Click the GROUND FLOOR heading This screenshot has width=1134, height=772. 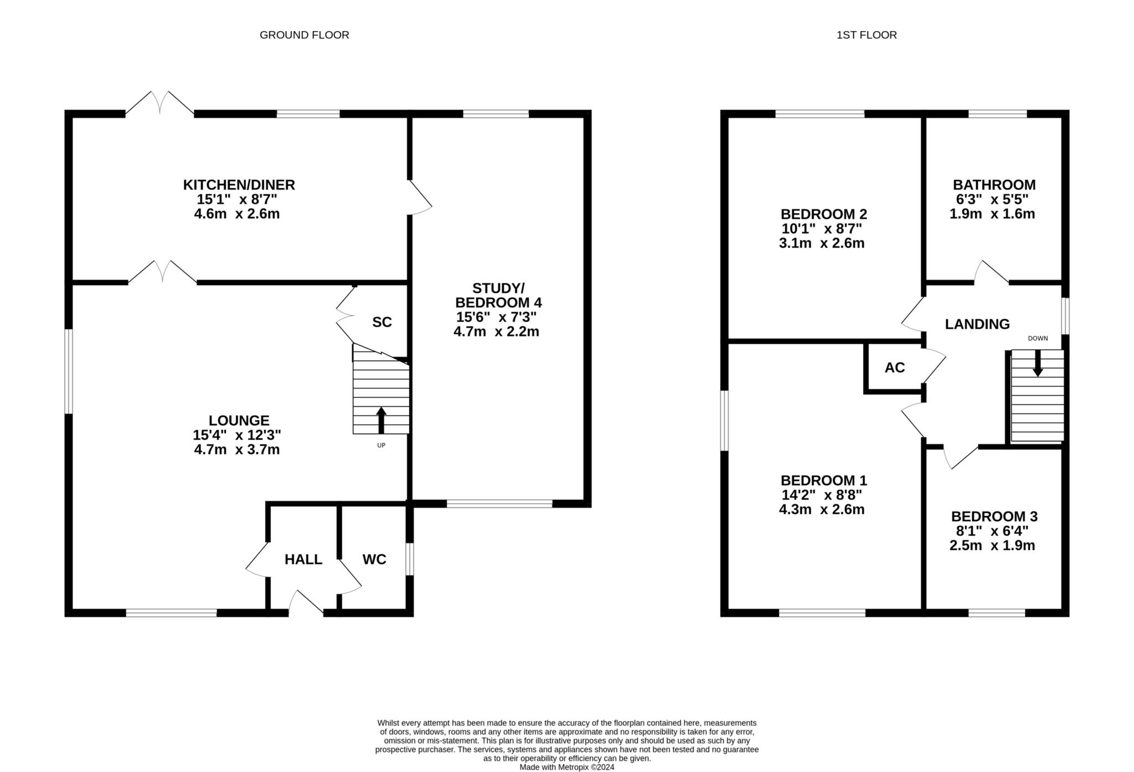click(304, 35)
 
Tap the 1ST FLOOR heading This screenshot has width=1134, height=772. click(867, 35)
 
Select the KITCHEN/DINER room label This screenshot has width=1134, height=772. click(239, 185)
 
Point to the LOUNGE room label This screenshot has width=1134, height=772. click(239, 421)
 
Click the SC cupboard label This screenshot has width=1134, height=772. click(382, 322)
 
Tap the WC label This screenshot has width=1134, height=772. click(374, 559)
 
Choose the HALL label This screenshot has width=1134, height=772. click(303, 559)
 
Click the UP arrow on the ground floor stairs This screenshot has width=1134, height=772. click(381, 420)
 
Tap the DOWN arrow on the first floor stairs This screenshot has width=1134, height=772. click(1038, 364)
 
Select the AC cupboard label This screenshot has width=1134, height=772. click(895, 367)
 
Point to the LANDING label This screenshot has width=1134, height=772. click(977, 324)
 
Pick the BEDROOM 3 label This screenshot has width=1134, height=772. click(994, 516)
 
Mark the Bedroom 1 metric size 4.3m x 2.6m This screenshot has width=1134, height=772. click(822, 509)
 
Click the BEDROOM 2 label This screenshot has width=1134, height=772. click(824, 214)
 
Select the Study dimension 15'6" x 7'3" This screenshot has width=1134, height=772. click(496, 317)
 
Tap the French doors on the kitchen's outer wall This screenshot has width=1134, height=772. click(159, 103)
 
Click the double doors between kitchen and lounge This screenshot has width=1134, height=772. click(162, 272)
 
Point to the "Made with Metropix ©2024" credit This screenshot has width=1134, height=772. click(567, 767)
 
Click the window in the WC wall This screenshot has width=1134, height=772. click(409, 559)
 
